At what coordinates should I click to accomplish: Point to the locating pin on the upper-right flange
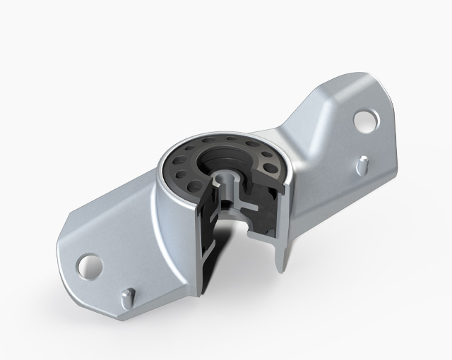pos(362,163)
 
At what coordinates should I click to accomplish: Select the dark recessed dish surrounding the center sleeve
pos(212,159)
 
